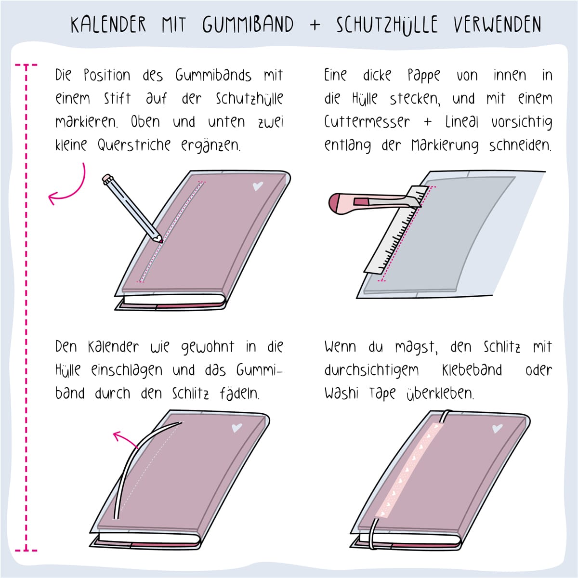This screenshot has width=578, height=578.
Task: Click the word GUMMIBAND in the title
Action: pos(248,24)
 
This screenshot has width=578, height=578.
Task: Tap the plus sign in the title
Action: pos(315,25)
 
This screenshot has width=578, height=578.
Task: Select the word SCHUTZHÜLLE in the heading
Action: pos(387,25)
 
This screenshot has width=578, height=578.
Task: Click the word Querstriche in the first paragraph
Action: pos(134,145)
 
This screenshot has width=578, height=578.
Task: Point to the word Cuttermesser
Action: pos(367,122)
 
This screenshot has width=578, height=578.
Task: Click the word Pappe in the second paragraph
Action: pos(423,76)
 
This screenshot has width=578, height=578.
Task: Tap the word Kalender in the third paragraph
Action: pos(113,347)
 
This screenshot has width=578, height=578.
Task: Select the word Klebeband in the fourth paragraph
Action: pos(472,369)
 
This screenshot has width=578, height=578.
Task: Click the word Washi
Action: pos(342,393)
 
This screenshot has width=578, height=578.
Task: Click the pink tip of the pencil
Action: pos(160,240)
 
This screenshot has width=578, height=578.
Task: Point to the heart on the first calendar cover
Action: pos(258,186)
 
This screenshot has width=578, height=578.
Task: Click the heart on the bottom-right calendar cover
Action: pos(497,429)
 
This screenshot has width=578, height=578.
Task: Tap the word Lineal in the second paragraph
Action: pos(461,122)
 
